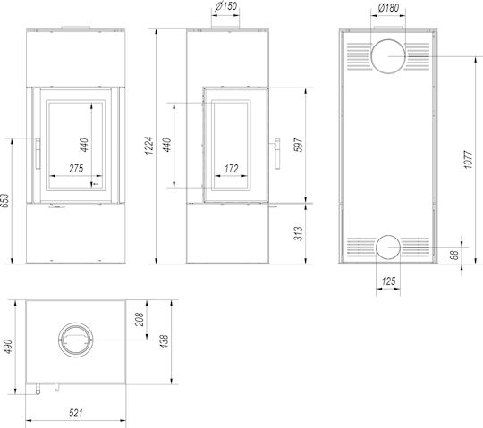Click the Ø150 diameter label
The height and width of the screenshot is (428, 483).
click(226, 6)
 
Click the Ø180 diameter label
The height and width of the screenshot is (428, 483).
click(388, 7)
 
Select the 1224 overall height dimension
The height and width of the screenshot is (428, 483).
click(149, 146)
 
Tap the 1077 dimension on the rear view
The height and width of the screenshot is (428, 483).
click(468, 159)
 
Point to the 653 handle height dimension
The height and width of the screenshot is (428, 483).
click(4, 201)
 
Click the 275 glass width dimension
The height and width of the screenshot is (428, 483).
click(76, 168)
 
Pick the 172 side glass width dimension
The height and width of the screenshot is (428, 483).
click(232, 169)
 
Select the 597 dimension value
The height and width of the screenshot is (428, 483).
click(299, 145)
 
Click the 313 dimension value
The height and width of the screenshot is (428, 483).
click(299, 233)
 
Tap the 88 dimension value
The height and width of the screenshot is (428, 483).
click(454, 255)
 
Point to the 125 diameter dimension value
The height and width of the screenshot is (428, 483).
click(388, 281)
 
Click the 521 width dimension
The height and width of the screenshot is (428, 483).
click(75, 413)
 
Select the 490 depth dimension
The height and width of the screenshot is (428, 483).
click(7, 347)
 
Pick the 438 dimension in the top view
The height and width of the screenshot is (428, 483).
click(165, 341)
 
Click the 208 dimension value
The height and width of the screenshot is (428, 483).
click(140, 319)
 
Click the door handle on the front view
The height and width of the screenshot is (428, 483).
click(38, 154)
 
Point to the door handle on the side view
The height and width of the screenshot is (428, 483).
click(277, 154)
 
